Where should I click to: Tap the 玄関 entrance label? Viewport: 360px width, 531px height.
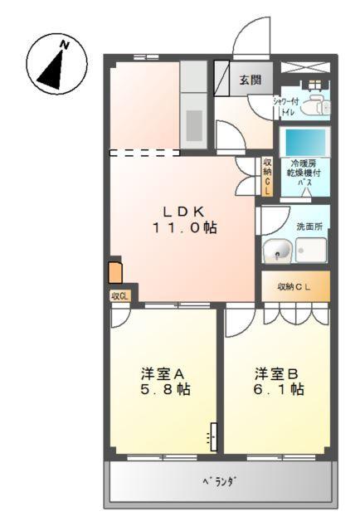click(251, 80)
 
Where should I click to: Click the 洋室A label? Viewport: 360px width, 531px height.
click(163, 373)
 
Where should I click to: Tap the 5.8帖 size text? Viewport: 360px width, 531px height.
click(163, 389)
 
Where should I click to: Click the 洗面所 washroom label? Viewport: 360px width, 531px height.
click(308, 225)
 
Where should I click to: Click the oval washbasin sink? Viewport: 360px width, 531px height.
click(277, 250)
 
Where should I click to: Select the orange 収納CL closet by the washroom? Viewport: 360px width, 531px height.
click(295, 286)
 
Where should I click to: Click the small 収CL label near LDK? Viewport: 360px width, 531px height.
click(119, 295)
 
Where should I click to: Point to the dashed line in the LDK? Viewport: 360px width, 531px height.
click(145, 153)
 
